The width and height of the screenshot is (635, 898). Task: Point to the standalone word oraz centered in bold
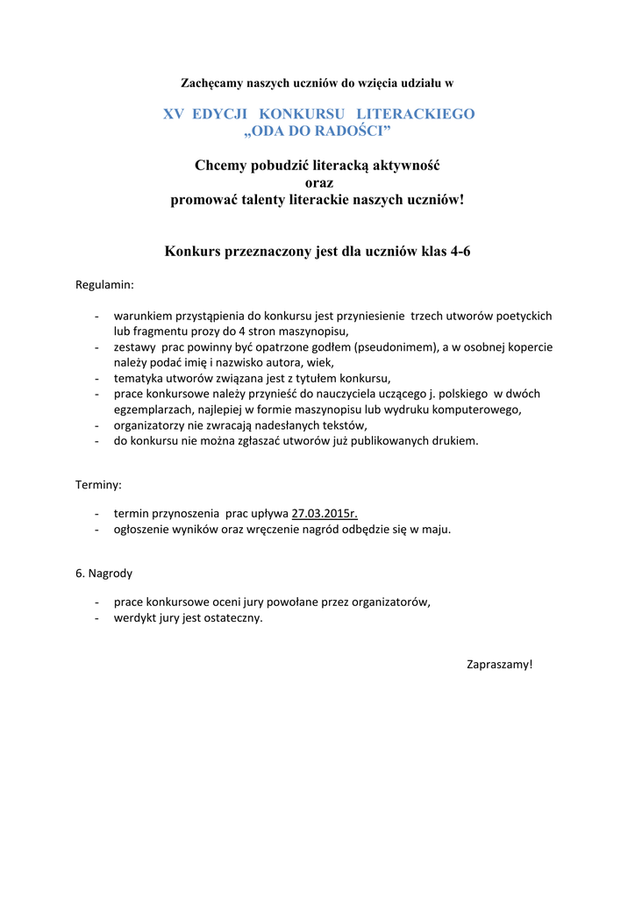317,182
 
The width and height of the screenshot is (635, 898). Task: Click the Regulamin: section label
105,285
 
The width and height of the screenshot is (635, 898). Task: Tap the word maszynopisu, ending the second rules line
311,331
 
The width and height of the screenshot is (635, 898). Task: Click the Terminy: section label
99,484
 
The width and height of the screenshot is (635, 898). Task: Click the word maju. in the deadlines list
437,530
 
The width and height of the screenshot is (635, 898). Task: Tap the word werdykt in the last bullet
134,617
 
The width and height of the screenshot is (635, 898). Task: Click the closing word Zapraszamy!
499,664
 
